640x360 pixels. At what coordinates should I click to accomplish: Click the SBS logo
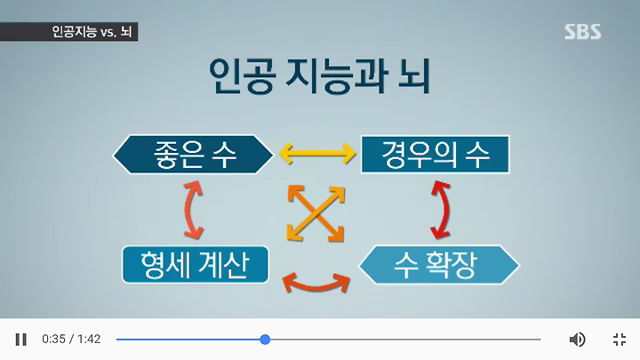click(x=582, y=32)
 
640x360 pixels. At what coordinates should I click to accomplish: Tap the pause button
click(x=20, y=340)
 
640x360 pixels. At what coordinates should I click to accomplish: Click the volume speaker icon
click(x=577, y=340)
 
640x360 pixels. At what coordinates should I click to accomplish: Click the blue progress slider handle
click(x=265, y=340)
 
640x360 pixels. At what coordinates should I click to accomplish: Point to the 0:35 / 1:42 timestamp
click(x=71, y=340)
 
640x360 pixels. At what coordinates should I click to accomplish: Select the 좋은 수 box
click(x=193, y=155)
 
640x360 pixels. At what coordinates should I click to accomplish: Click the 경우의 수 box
click(x=435, y=155)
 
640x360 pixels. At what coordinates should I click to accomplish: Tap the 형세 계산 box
click(x=195, y=265)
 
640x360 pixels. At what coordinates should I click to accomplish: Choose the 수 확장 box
click(x=439, y=265)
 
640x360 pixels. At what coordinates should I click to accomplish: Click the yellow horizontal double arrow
click(x=317, y=154)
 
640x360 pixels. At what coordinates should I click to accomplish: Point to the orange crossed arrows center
click(x=316, y=213)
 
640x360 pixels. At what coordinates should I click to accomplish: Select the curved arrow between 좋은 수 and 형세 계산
click(x=189, y=210)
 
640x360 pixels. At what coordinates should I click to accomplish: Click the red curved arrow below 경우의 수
click(x=445, y=210)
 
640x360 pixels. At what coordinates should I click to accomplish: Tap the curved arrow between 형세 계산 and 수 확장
click(x=316, y=286)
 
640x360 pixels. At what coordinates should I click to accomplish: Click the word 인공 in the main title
click(x=241, y=76)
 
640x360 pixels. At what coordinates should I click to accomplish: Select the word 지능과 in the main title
click(x=336, y=76)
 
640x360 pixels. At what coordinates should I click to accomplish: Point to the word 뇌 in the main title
click(x=415, y=76)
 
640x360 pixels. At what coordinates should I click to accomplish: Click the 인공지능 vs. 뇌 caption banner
click(x=68, y=32)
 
